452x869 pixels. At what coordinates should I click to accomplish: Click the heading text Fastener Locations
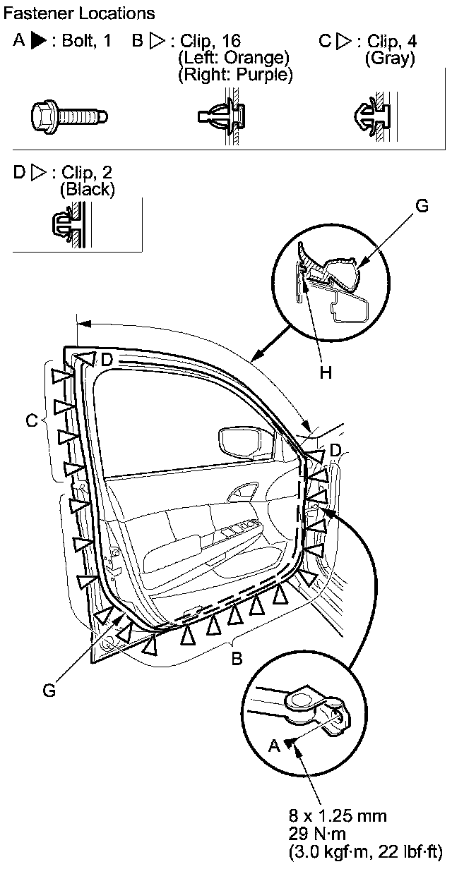pos(79,13)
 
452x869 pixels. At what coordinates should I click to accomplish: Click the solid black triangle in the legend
pos(39,41)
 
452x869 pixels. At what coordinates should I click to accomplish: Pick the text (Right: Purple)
pos(236,74)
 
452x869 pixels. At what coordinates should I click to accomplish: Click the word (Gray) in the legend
pos(389,59)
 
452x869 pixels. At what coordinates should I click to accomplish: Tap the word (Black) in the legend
pos(88,189)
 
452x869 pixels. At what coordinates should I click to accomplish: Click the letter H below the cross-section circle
pos(325,373)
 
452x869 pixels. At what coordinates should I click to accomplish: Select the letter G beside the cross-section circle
pos(421,206)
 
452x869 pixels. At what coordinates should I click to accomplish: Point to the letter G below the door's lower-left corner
pos(49,691)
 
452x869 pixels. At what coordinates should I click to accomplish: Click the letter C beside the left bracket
pos(31,421)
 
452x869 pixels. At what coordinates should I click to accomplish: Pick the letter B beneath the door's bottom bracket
pos(237,659)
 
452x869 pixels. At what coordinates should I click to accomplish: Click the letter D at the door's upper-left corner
pos(107,360)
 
